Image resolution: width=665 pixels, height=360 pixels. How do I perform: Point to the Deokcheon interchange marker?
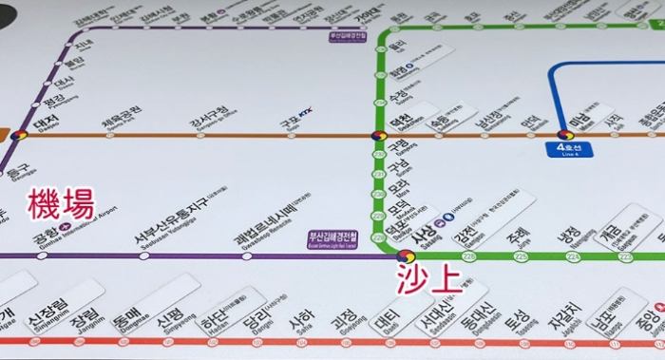tap(378, 139)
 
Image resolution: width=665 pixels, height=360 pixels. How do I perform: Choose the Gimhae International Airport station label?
tap(66, 237)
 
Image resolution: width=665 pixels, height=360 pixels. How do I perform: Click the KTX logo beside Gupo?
tap(304, 115)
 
